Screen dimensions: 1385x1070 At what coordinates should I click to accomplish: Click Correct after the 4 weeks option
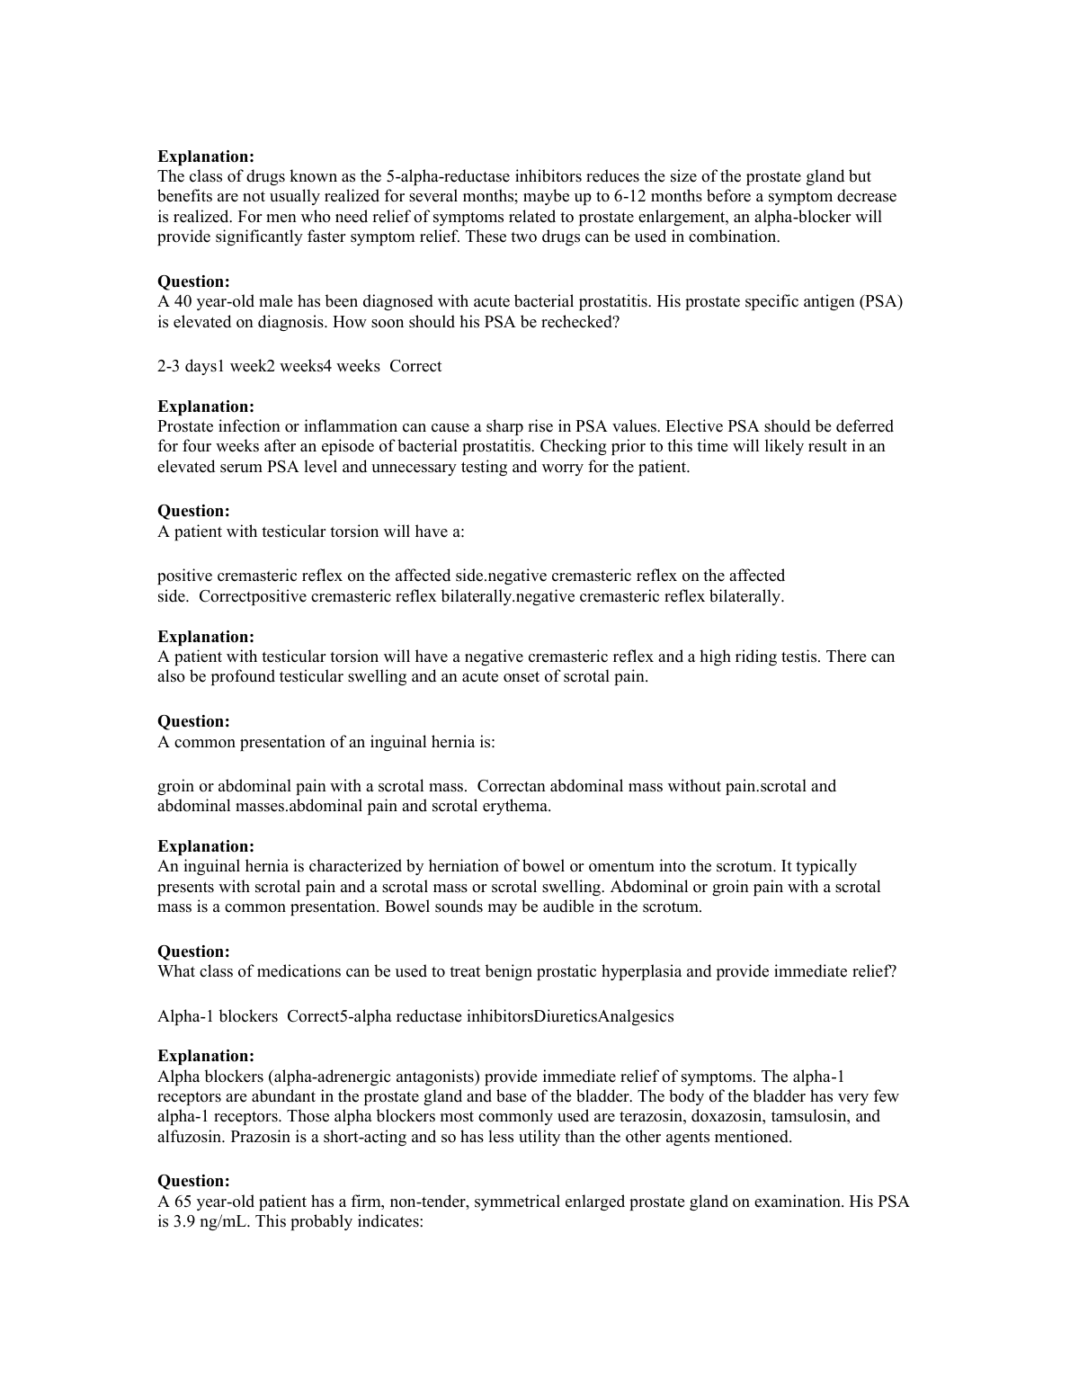[x=415, y=366]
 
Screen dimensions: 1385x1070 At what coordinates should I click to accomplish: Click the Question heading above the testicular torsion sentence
[x=193, y=511]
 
